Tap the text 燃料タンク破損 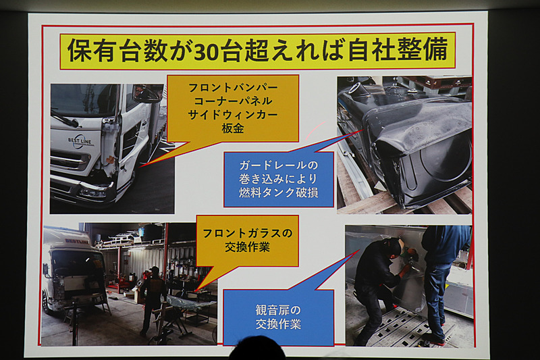coord(279,195)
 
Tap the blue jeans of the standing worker coord(435,297)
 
